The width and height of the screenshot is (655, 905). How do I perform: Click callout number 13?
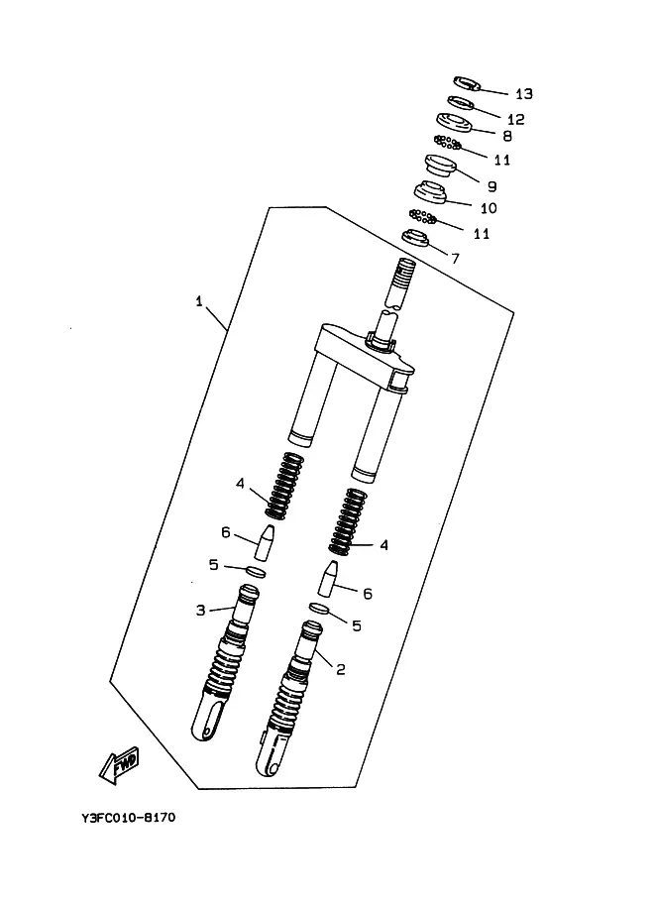coord(524,93)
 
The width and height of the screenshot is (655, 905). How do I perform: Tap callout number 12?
coord(516,119)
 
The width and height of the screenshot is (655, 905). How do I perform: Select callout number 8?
coord(507,136)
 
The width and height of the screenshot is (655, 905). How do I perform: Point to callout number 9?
coord(491,186)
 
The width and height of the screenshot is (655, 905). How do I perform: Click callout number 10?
coord(489,208)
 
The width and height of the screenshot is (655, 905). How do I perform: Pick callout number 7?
coord(455,258)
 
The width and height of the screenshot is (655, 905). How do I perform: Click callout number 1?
coord(199,301)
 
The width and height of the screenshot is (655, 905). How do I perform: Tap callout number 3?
coord(201,610)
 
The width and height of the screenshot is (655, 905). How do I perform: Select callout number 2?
coord(341,669)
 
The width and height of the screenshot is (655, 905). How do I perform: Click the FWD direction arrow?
coord(120,766)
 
